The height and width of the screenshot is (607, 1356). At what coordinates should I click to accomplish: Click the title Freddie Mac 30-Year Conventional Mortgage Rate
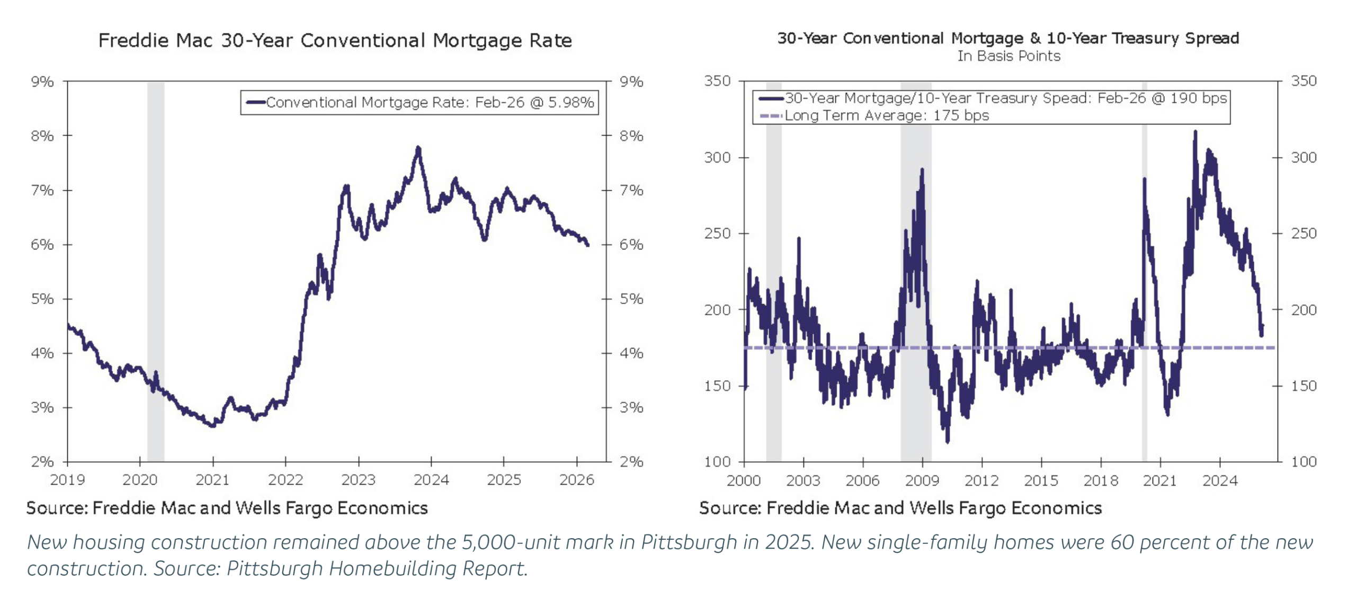[x=335, y=40]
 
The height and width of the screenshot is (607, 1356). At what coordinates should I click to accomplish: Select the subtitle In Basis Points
[x=1008, y=56]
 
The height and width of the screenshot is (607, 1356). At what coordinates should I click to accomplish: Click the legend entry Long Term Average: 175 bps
[x=886, y=115]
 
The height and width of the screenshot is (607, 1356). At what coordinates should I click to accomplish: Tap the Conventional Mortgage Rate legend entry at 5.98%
[x=429, y=102]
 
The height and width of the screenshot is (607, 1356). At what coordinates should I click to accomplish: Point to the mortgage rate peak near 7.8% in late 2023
[x=418, y=148]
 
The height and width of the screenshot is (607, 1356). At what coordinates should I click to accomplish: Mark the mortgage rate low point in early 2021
[x=212, y=425]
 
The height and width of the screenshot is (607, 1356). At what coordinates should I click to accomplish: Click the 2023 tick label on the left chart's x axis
[x=358, y=480]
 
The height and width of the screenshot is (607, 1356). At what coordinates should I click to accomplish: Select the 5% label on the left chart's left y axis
[x=42, y=299]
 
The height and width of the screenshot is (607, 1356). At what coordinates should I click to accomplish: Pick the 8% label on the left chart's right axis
[x=631, y=136]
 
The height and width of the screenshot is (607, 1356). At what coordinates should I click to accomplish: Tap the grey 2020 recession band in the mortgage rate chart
[x=156, y=265]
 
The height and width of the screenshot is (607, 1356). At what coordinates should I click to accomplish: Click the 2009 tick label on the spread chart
[x=922, y=481]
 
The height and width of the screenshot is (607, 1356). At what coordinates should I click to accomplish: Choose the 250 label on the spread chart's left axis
[x=717, y=234]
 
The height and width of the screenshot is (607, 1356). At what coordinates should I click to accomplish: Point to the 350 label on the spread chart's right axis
[x=1304, y=81]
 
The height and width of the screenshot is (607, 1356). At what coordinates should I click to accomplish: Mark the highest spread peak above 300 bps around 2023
[x=1195, y=132]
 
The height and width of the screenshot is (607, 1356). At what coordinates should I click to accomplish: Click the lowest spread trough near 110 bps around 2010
[x=947, y=441]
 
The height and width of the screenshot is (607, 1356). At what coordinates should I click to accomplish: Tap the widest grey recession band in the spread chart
[x=915, y=265]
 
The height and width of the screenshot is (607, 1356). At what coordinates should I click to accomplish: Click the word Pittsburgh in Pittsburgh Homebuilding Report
[x=274, y=568]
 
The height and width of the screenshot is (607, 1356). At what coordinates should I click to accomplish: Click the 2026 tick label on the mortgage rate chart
[x=576, y=480]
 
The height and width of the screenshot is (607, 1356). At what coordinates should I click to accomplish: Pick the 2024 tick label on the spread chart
[x=1220, y=481]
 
